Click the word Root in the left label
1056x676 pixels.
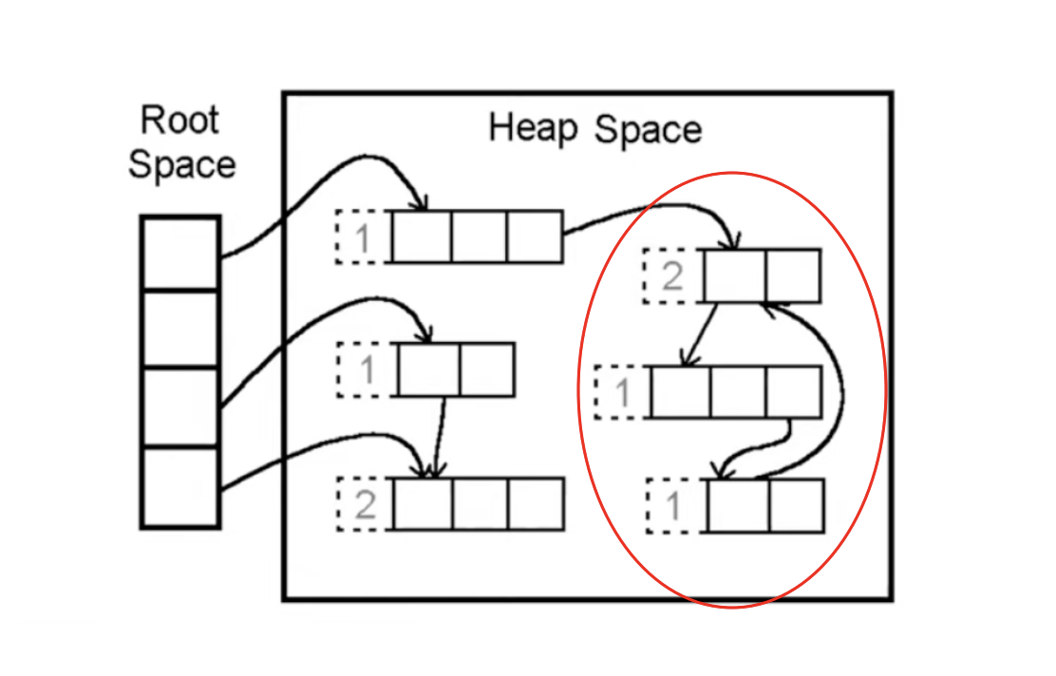click(x=179, y=122)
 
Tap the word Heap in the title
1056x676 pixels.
click(x=532, y=127)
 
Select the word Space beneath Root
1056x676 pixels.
click(x=181, y=164)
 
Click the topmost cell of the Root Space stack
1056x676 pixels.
click(x=180, y=252)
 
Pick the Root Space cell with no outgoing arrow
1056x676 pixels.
click(x=180, y=329)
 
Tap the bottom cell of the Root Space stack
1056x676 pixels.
click(x=180, y=487)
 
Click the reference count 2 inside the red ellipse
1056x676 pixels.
click(x=672, y=276)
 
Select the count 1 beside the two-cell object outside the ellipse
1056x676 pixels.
click(x=367, y=369)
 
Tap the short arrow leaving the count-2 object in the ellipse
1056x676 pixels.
click(x=700, y=334)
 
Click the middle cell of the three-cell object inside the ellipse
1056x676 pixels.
click(x=737, y=392)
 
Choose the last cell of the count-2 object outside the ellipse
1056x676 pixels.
click(x=537, y=504)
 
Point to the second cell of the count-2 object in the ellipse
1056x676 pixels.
click(x=792, y=276)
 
